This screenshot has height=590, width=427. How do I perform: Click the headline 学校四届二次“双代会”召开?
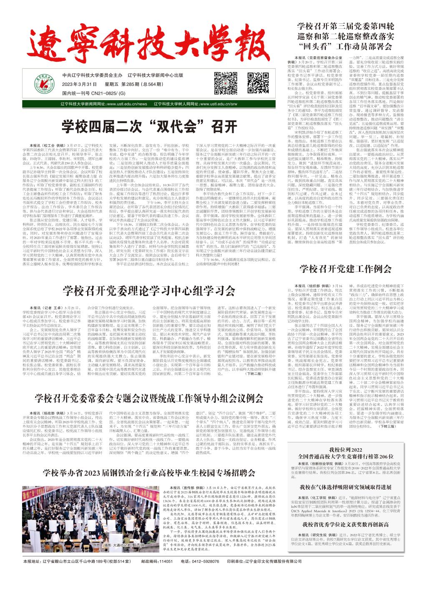click(x=149, y=126)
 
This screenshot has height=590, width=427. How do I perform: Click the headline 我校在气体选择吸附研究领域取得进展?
click(x=346, y=487)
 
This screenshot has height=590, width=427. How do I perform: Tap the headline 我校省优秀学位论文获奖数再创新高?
click(x=346, y=524)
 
